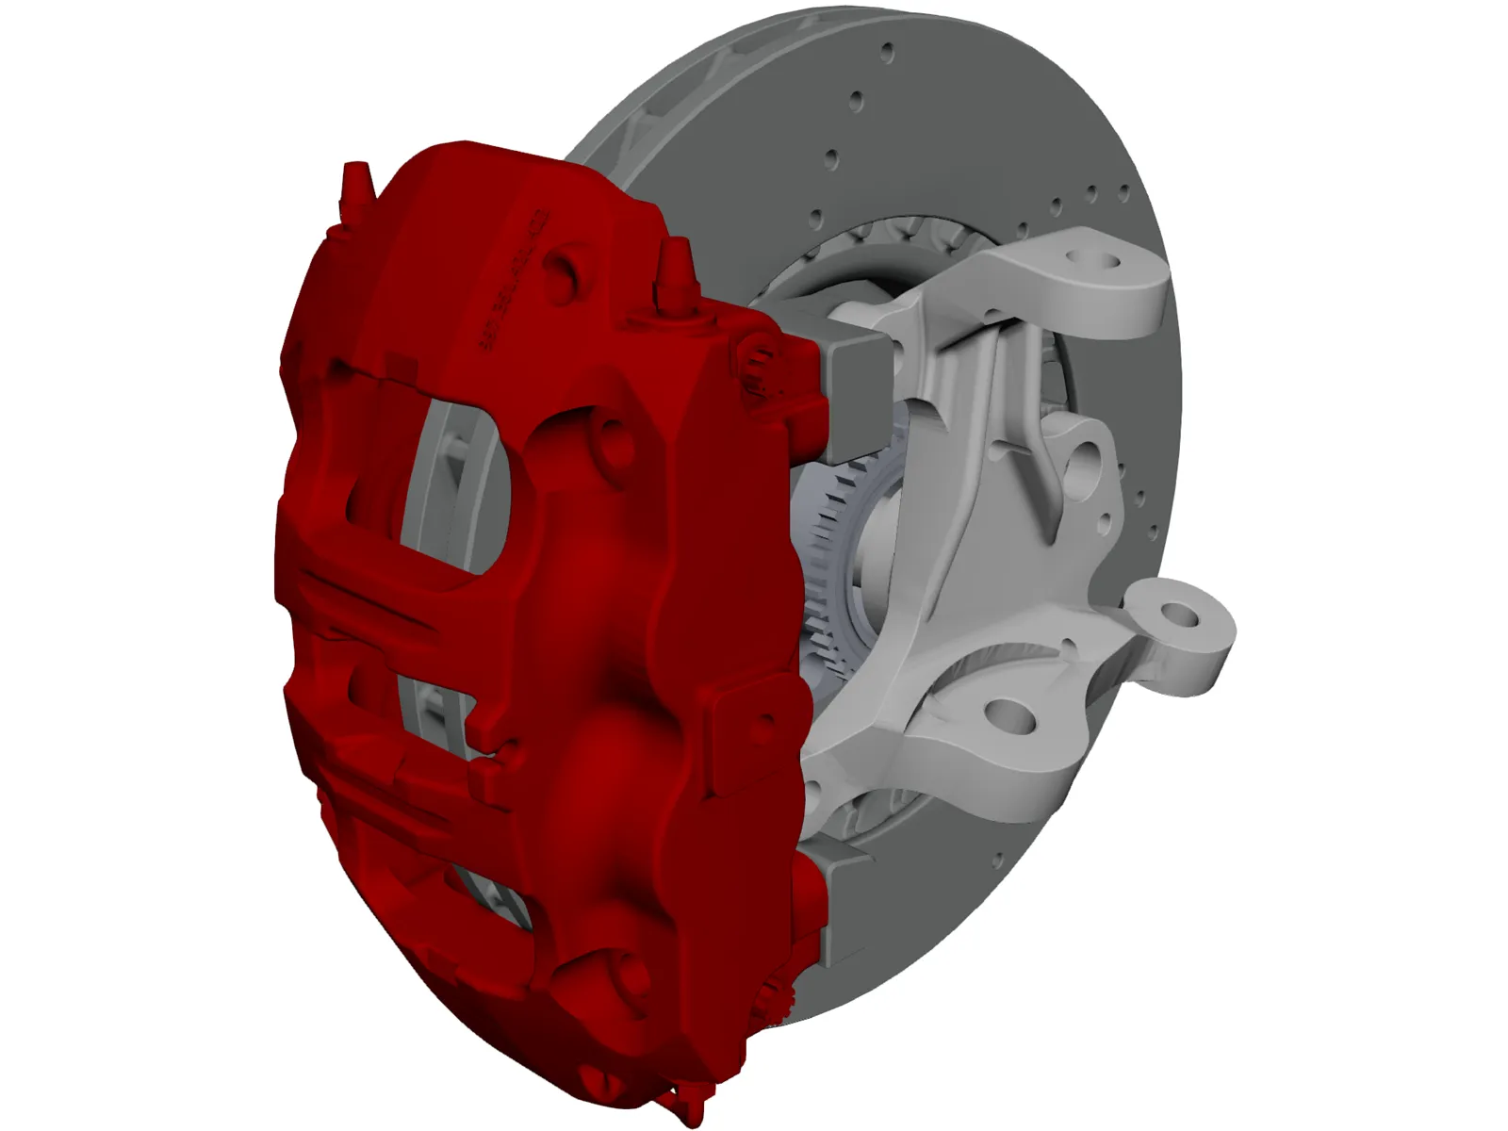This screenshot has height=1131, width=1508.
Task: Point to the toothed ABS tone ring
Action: tap(829, 565)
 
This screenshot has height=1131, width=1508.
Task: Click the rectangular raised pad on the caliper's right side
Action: tap(754, 721)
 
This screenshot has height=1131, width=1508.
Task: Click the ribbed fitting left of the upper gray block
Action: tap(754, 363)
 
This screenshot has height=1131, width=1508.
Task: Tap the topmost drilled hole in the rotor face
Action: tap(887, 50)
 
